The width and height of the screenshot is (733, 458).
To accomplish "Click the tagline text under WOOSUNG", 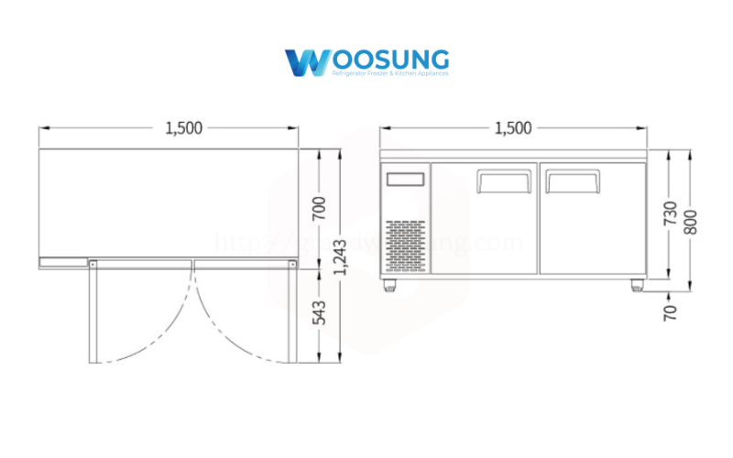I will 389,72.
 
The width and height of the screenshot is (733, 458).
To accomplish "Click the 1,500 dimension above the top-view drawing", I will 183,128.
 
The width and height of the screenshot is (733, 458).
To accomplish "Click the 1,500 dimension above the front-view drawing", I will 512,128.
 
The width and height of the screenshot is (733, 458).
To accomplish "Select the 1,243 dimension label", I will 342,258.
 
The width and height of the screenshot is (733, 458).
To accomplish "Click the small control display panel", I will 406,180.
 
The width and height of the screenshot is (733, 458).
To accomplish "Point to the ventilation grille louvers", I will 406,245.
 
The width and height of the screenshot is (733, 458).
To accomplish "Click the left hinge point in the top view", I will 92,264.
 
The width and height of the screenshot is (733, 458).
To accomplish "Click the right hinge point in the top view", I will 292,264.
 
